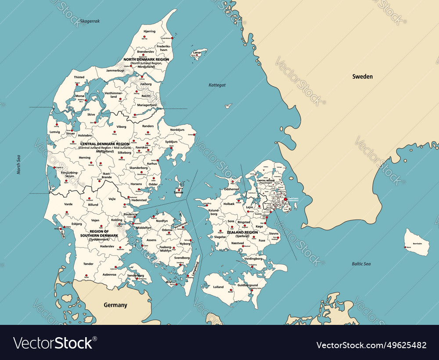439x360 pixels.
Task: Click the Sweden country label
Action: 362,76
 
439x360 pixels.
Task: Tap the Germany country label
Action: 115,305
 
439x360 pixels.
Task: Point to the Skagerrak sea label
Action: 90,21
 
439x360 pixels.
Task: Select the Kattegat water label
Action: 217,85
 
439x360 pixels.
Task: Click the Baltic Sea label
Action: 361,264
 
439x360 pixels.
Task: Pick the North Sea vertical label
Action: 19,164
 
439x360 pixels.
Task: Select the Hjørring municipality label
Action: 149,32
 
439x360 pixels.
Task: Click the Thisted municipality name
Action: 79,77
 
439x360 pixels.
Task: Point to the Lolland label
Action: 218,287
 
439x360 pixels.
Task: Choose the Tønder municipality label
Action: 88,264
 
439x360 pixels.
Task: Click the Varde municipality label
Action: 68,204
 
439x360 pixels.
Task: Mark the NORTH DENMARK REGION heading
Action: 146,59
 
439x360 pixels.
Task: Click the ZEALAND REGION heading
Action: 242,232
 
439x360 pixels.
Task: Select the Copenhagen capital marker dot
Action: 286,199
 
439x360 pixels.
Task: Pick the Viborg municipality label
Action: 121,127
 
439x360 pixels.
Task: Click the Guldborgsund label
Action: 248,285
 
